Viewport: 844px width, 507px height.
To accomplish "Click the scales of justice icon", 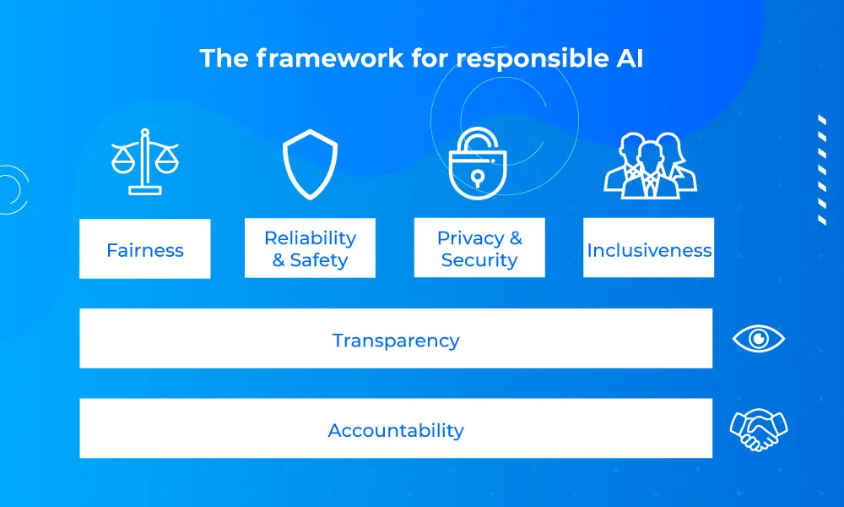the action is (x=144, y=161).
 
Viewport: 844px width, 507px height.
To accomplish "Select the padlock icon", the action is (x=478, y=163).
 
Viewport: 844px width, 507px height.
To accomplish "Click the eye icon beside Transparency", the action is (x=759, y=339).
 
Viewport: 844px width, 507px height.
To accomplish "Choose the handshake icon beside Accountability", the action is (x=759, y=429).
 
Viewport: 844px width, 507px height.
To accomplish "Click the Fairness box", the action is (x=145, y=249).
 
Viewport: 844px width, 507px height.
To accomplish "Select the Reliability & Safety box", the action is (x=310, y=248).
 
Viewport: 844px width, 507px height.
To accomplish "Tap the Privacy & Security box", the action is (x=479, y=248).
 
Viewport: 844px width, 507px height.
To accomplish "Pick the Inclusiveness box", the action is (x=648, y=248).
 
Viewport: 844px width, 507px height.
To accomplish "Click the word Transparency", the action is (x=396, y=341).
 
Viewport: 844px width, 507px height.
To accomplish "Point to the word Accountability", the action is (x=396, y=430).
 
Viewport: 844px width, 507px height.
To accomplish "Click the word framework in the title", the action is (x=329, y=58).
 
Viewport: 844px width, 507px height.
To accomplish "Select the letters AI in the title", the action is (x=630, y=58).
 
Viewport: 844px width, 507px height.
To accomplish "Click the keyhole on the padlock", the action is (x=477, y=177).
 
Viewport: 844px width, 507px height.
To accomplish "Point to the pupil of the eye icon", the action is (x=759, y=338).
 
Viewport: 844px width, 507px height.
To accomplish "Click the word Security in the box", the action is (x=479, y=260).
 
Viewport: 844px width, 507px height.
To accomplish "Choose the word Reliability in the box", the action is (x=310, y=238).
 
